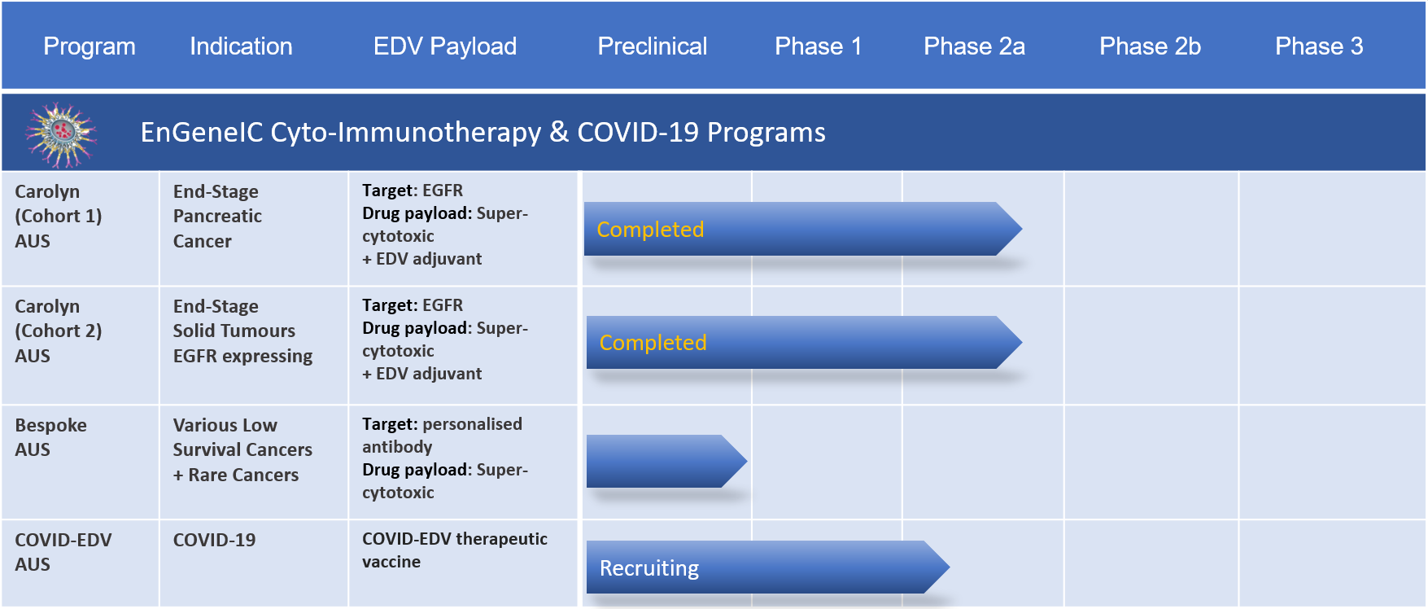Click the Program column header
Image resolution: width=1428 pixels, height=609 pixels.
[90, 46]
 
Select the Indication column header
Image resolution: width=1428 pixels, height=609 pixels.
[241, 46]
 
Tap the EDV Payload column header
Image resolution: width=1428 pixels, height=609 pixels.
[445, 46]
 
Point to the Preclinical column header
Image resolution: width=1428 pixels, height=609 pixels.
[653, 46]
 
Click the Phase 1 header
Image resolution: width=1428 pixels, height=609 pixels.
[818, 46]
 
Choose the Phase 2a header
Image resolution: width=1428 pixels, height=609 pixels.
[974, 46]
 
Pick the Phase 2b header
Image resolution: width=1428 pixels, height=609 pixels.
[1150, 46]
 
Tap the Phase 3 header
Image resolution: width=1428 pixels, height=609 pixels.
[1319, 46]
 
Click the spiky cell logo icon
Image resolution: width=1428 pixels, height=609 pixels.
[61, 134]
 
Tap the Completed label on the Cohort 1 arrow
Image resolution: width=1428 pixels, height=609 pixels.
[650, 230]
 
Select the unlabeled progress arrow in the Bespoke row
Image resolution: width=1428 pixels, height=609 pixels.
[666, 461]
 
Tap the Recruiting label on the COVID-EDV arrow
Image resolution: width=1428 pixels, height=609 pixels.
[649, 568]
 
